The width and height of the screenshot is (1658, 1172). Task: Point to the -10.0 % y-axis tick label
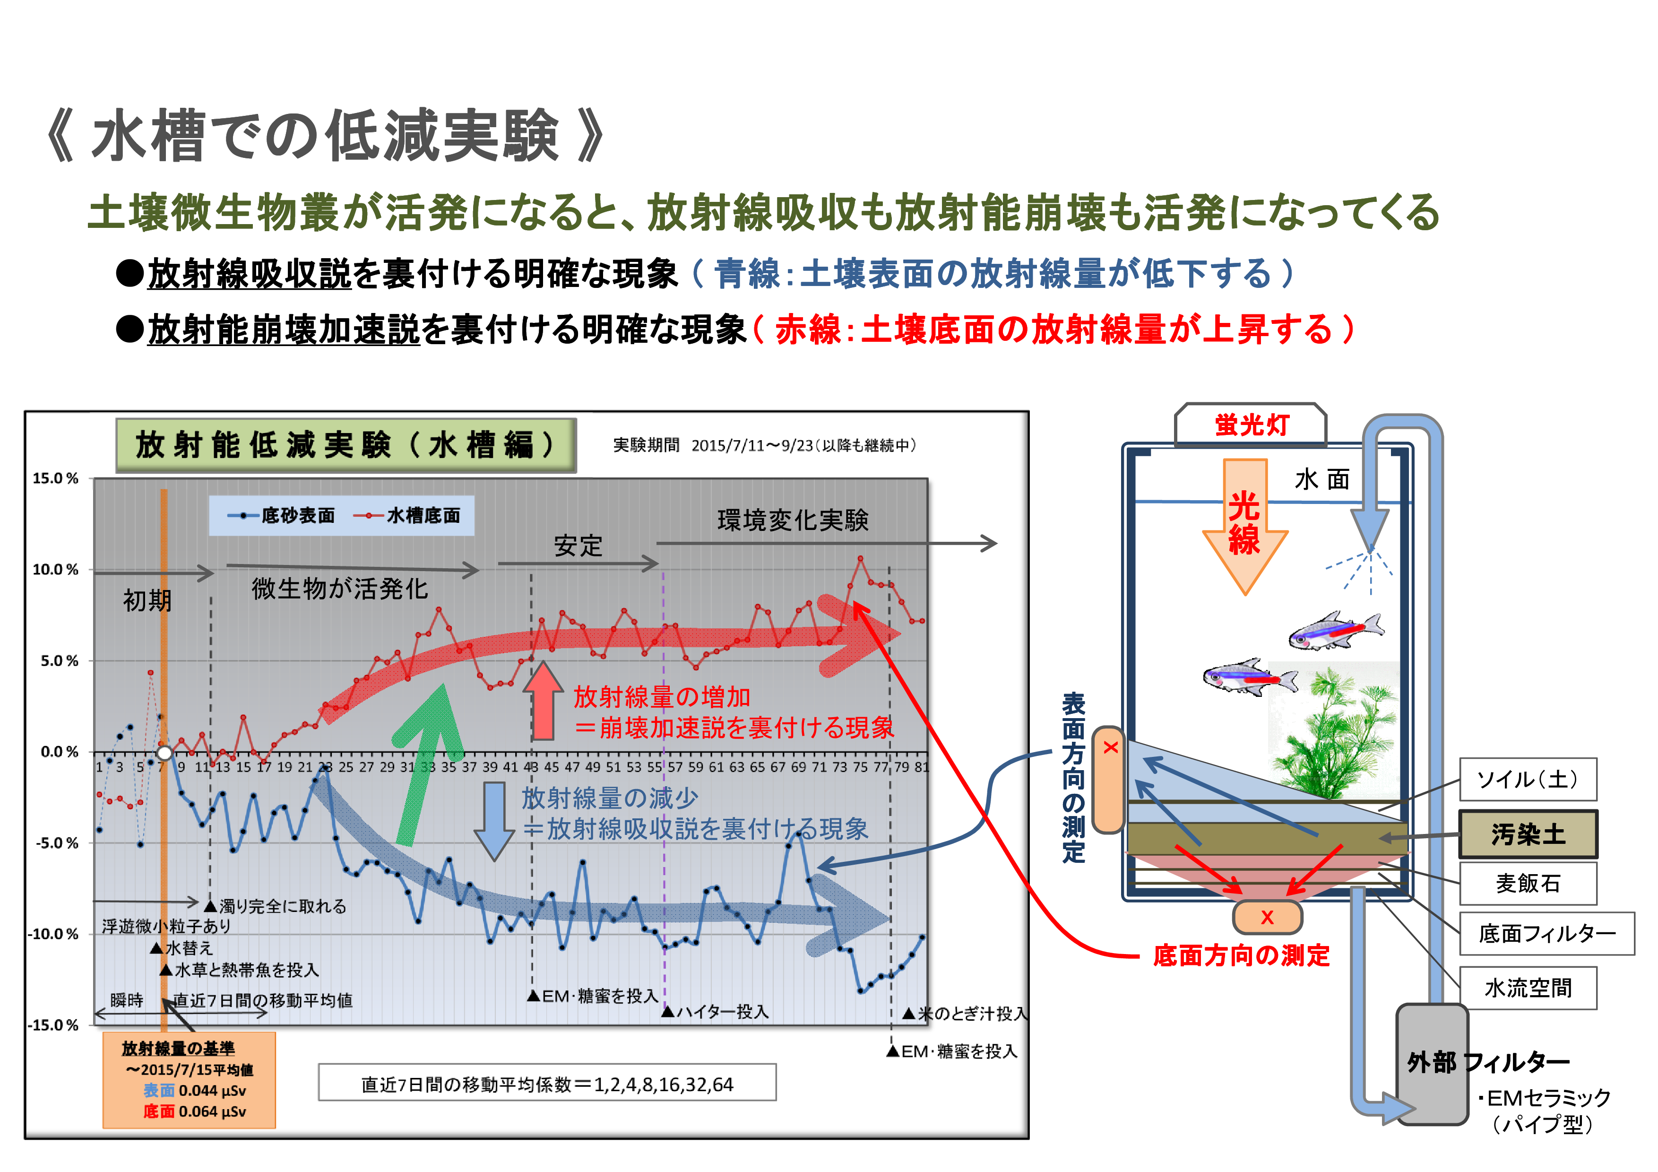(x=53, y=934)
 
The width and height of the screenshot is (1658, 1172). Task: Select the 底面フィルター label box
(x=1546, y=934)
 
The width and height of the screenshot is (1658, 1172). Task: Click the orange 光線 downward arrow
(x=1244, y=523)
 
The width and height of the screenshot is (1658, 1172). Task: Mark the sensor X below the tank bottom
(x=1267, y=917)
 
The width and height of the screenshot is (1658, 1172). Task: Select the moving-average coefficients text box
(x=547, y=1084)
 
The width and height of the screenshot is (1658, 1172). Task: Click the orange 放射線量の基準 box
(x=189, y=1079)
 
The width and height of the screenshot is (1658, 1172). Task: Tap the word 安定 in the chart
(x=577, y=546)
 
